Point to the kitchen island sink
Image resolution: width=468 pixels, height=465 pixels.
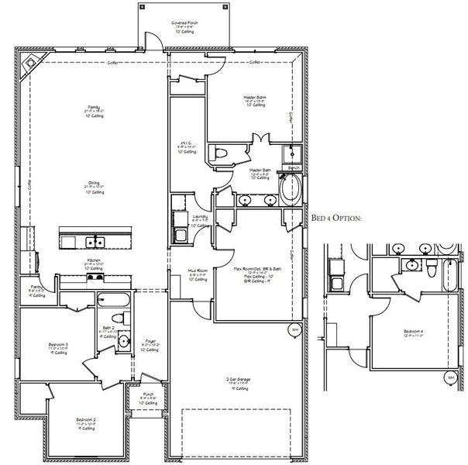click(x=96, y=241)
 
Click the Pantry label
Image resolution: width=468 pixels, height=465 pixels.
click(x=36, y=289)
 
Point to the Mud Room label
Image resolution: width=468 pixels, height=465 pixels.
click(x=197, y=273)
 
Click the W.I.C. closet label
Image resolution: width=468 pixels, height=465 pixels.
click(x=185, y=145)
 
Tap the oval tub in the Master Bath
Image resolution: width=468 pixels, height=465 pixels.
click(x=293, y=189)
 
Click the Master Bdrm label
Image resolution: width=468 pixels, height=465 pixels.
click(x=254, y=99)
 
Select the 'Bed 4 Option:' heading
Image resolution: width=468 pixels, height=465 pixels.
click(x=336, y=219)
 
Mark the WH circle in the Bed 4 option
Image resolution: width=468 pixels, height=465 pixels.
click(x=451, y=377)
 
